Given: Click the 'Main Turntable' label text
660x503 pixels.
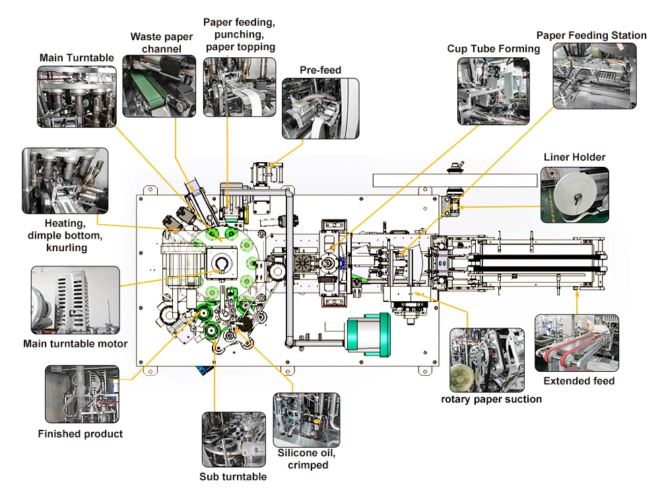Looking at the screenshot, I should (x=76, y=58).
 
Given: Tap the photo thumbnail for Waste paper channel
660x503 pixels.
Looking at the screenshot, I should (x=159, y=86).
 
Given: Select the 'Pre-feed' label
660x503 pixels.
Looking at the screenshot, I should (x=320, y=70).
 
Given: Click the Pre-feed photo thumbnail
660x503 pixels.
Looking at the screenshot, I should (x=321, y=109).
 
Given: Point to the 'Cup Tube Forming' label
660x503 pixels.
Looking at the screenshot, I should (x=493, y=49).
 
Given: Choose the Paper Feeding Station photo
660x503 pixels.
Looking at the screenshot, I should (x=595, y=76).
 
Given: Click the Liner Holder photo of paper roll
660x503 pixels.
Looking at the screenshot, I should (x=574, y=194).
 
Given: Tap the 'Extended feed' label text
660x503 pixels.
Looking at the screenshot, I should (x=579, y=381).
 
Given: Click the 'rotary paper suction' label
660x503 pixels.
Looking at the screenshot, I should (x=492, y=399).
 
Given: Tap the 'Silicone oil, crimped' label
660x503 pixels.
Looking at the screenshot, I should (x=308, y=459).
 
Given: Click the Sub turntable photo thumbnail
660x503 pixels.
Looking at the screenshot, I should (x=232, y=440).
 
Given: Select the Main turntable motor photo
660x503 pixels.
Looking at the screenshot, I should (x=75, y=300).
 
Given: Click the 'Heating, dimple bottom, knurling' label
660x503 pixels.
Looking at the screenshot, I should (x=65, y=235).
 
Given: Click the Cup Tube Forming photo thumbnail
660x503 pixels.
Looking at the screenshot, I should (x=494, y=91).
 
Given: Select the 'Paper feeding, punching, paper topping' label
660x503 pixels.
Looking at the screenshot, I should (x=240, y=35).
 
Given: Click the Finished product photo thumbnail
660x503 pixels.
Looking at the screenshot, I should (x=82, y=394).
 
